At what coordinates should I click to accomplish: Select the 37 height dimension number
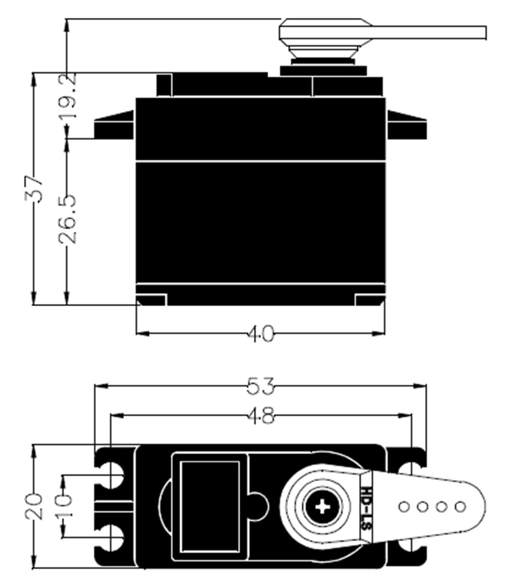34,189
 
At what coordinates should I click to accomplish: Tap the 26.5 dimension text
68,219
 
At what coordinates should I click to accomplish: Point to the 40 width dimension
260,334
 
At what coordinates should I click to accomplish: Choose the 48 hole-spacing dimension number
261,416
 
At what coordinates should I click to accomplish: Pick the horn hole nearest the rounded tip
460,506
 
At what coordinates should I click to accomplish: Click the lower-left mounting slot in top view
111,538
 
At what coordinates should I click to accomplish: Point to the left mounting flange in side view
114,127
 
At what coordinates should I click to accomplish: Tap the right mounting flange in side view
406,127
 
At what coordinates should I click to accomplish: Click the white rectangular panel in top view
209,506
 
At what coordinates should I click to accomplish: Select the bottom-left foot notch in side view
152,301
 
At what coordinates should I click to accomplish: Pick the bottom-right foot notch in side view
370,301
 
